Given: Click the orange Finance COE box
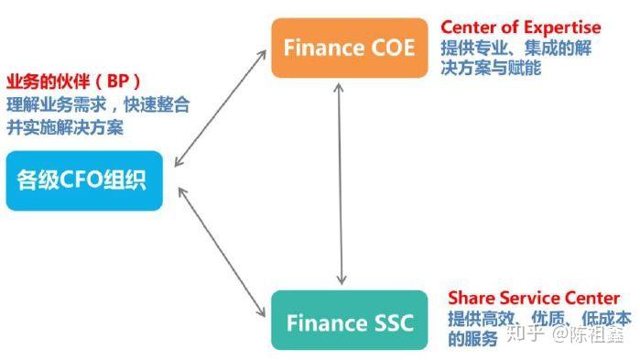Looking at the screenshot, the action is pos(349,48).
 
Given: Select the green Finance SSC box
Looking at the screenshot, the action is pos(349,322).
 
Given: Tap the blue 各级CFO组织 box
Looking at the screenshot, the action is pos(83,180).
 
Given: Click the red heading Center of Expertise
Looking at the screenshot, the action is pos(520,27).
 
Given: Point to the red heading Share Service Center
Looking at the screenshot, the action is pos(533,299).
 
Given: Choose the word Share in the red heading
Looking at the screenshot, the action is pos(469,299).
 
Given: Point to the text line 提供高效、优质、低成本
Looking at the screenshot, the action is pos(538,319).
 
